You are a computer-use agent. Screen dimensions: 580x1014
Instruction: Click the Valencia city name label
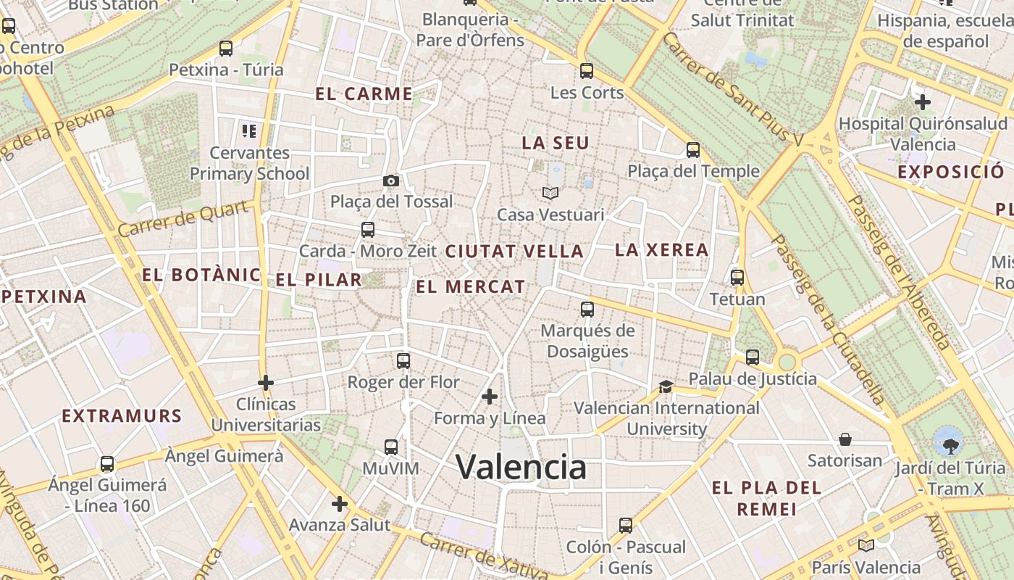521,467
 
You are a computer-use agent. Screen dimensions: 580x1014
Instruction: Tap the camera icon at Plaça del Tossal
391,181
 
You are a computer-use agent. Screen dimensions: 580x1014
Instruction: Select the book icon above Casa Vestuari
550,193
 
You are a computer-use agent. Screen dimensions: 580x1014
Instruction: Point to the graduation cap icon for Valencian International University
666,386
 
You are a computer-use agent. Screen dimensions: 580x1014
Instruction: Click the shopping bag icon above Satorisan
845,439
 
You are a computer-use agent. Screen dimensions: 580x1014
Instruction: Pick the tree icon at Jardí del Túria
948,441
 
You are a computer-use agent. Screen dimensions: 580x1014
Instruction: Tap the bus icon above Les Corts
587,71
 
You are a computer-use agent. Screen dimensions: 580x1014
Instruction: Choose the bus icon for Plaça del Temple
693,150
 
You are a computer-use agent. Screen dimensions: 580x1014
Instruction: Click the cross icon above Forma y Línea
490,397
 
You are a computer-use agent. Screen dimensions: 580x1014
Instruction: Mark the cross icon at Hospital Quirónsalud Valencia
923,102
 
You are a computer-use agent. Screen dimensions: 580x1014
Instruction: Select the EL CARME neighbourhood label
364,94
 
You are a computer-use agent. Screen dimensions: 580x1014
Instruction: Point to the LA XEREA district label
661,250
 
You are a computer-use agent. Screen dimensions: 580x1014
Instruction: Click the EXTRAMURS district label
122,416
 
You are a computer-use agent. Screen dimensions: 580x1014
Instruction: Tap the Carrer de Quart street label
187,219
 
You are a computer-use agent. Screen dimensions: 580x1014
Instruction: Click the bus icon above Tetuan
737,278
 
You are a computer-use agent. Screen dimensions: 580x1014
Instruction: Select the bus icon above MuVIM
391,447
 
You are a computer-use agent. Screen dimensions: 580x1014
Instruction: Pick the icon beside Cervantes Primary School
249,131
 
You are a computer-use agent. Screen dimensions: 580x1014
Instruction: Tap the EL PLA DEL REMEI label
766,498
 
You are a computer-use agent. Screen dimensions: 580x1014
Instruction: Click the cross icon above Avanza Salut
340,503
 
